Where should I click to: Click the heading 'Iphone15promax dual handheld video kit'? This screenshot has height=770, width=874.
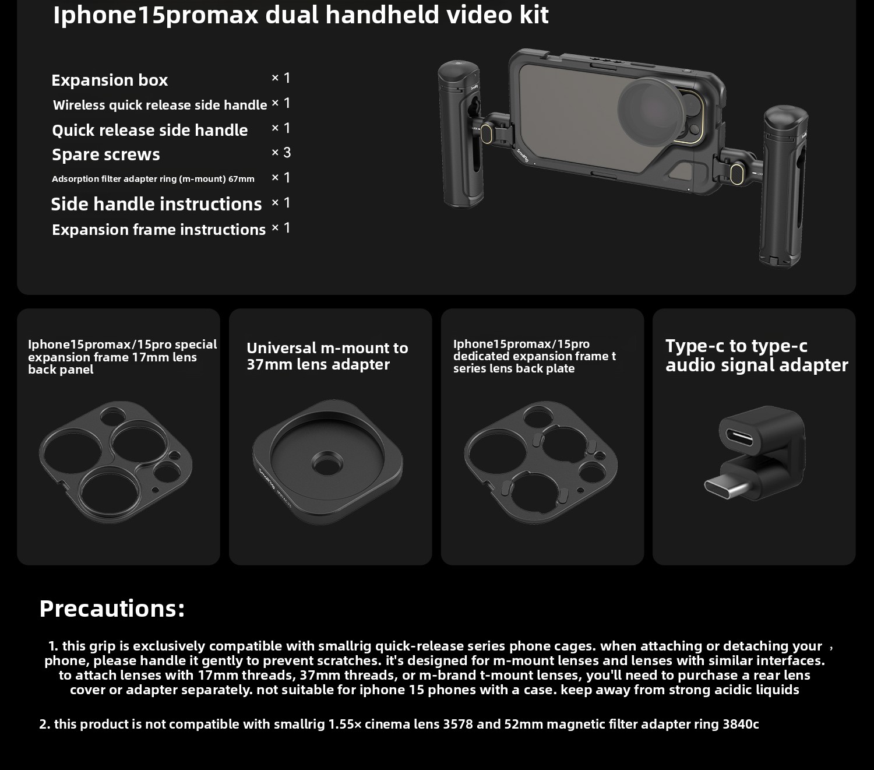pos(301,16)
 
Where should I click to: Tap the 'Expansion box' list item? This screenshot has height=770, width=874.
pos(110,80)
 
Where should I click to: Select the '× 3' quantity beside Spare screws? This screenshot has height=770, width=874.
pos(281,152)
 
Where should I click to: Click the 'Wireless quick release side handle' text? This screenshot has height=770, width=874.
pos(160,105)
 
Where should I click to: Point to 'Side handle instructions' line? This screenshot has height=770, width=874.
pos(156,204)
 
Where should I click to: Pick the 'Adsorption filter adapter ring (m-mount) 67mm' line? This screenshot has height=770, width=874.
pos(153,179)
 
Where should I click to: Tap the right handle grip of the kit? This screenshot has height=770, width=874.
pos(784,185)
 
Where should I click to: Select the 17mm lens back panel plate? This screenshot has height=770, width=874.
pos(115,462)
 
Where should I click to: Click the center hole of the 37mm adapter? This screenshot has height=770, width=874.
pos(327,464)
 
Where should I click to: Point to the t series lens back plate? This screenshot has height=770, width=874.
pos(541,462)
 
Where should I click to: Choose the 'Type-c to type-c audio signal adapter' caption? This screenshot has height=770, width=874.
pos(757,356)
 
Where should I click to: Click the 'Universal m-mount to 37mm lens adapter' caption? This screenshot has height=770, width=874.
pos(327,356)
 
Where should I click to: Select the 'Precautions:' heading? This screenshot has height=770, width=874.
pos(112,609)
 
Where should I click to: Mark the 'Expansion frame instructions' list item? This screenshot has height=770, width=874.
pos(158,230)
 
